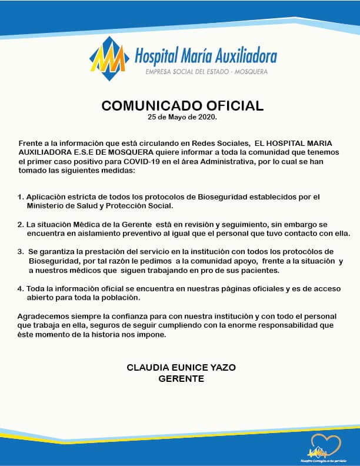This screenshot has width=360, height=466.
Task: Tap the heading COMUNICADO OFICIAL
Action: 182,106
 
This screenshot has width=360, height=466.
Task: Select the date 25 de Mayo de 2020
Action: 182,118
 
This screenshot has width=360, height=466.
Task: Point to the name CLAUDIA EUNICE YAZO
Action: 181,367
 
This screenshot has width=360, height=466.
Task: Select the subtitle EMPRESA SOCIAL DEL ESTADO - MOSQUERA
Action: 206,72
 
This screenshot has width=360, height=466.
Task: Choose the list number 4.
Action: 21,289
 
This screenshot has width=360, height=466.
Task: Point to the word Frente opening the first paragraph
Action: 31,144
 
